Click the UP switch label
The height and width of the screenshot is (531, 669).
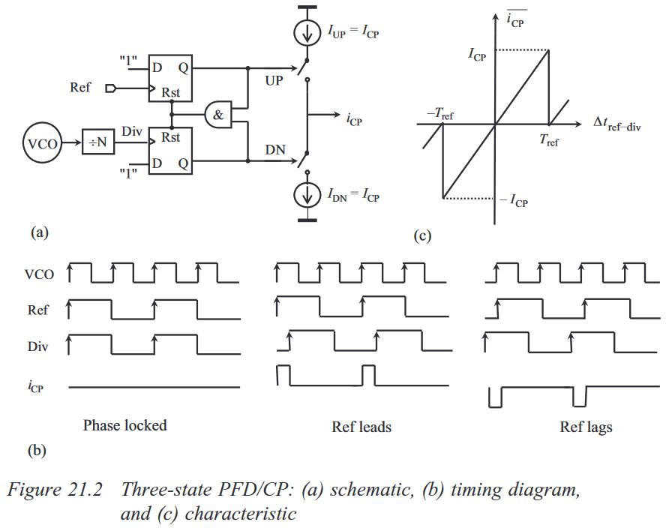click(274, 80)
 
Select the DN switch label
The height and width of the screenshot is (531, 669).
click(274, 150)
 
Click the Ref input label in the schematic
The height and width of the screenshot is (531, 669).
click(80, 88)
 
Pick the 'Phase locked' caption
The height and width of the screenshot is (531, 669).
click(124, 425)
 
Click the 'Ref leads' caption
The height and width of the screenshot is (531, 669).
click(361, 427)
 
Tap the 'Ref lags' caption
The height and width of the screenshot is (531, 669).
click(586, 427)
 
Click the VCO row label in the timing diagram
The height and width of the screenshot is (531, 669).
click(39, 274)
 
